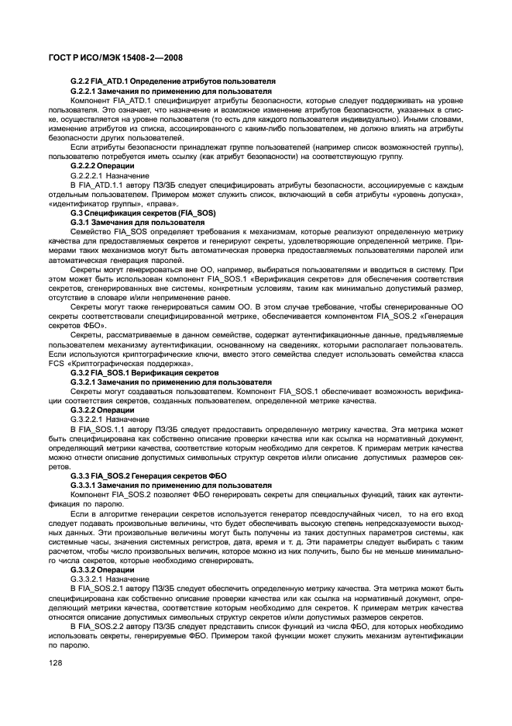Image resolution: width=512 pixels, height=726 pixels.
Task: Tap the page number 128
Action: pos(56,663)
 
